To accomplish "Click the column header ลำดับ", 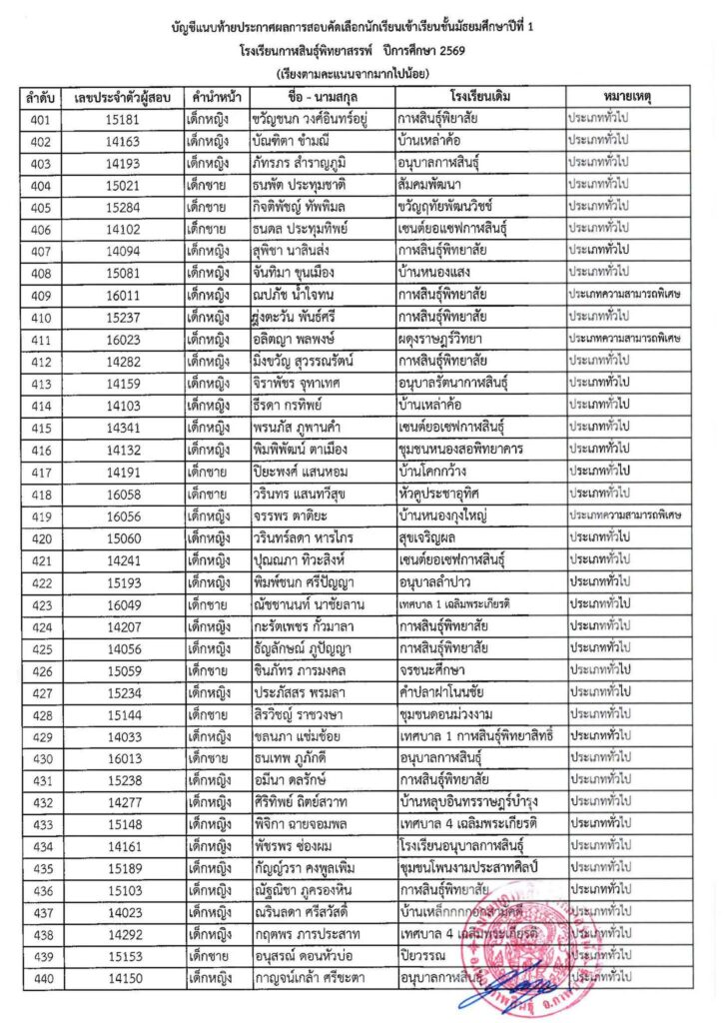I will [40, 100].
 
